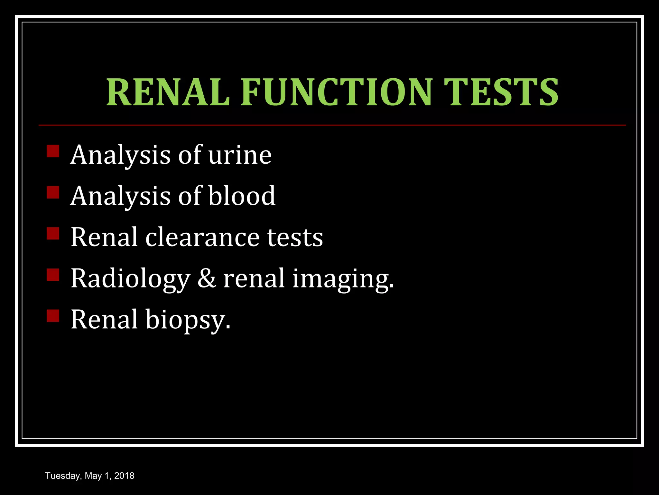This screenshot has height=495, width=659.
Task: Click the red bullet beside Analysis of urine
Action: click(x=53, y=151)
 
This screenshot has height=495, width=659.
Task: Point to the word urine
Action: click(x=240, y=155)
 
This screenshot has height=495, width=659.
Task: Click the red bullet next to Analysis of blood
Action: click(x=53, y=192)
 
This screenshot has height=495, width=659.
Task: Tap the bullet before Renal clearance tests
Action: click(x=53, y=234)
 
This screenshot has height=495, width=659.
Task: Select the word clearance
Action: click(x=202, y=238)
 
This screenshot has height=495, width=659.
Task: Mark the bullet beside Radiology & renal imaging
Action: click(x=53, y=275)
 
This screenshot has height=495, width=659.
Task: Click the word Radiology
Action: click(x=130, y=279)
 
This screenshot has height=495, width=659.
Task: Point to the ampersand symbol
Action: click(x=206, y=278)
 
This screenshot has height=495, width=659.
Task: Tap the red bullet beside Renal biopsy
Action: click(x=53, y=316)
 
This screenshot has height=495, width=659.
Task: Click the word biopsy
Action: click(x=188, y=320)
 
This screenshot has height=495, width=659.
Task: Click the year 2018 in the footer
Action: click(x=124, y=476)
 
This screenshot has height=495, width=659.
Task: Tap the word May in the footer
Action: click(x=93, y=476)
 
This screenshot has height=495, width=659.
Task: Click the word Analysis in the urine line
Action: click(x=120, y=155)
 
